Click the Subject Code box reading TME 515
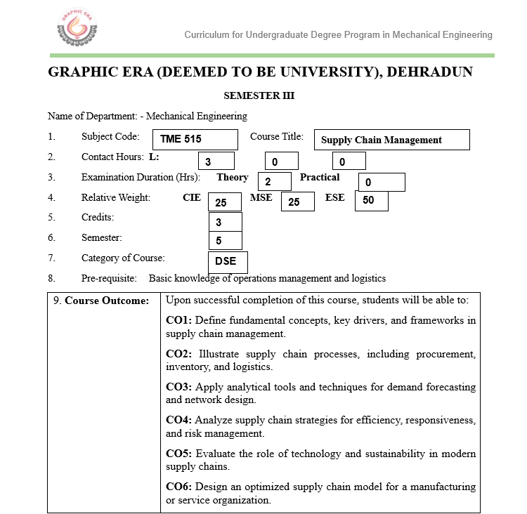(199, 140)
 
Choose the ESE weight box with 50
(372, 201)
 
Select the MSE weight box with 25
(297, 202)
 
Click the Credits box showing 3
(226, 223)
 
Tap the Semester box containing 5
(226, 241)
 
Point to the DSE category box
(228, 262)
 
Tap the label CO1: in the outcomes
(178, 321)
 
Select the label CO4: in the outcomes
(178, 421)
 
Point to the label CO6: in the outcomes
(178, 487)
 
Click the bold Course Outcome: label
(107, 301)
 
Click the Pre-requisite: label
(109, 278)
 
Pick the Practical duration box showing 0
(382, 182)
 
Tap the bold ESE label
(335, 197)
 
